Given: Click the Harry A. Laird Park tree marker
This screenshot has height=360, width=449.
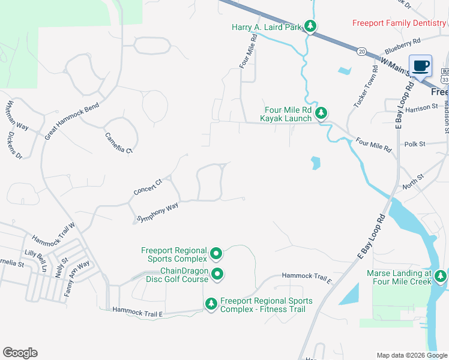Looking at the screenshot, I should click(310, 26).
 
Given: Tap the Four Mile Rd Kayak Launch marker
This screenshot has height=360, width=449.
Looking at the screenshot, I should click(322, 112).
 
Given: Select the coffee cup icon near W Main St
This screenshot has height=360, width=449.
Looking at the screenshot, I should click(420, 66).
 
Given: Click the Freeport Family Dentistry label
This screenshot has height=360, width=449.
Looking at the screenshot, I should click(399, 23).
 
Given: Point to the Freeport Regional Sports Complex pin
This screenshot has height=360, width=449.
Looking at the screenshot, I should click(216, 254).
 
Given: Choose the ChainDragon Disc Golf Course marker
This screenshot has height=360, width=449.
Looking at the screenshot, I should click(217, 274).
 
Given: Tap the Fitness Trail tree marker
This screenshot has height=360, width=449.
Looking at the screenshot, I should click(211, 304).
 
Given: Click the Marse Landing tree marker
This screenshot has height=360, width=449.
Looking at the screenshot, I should click(441, 276).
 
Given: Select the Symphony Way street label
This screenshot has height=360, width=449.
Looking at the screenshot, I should click(158, 212).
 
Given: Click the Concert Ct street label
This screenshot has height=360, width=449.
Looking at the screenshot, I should click(148, 187).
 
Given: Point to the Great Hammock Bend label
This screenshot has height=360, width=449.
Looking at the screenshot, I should click(71, 121).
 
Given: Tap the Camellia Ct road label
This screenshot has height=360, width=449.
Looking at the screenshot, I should click(118, 142).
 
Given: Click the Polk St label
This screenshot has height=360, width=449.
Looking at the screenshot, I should click(415, 144).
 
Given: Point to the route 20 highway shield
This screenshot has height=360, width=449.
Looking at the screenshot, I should click(361, 52).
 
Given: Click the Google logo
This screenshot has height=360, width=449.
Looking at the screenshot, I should click(20, 353).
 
